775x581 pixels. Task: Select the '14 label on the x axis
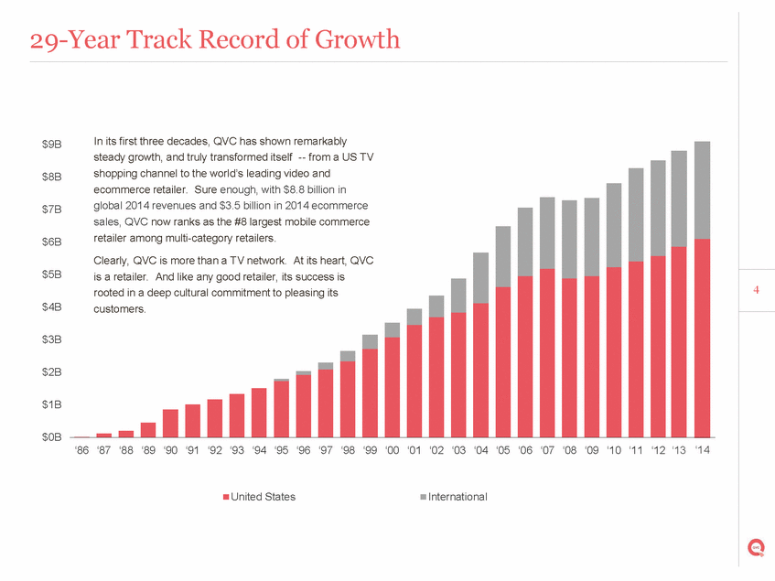pos(702,450)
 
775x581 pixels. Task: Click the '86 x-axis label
pos(81,450)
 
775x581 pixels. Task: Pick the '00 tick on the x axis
pos(392,450)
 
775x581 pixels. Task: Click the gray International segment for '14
pos(702,189)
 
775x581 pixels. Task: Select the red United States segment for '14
pos(702,338)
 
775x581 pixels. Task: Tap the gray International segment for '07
pos(547,232)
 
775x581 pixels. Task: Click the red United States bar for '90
pos(170,423)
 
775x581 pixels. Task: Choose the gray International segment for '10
pos(614,225)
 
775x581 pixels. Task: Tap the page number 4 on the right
pos(757,291)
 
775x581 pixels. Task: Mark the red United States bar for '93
pos(237,415)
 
